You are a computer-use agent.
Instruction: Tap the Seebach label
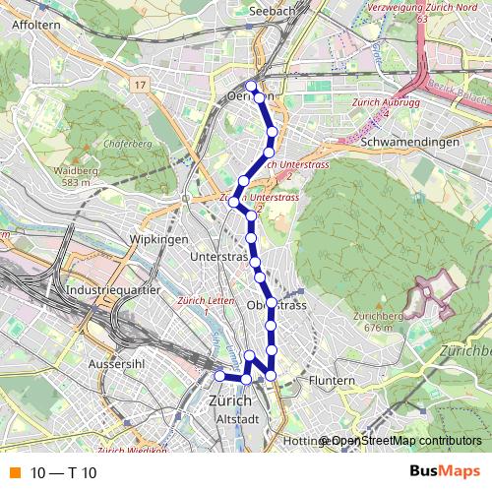(x=273, y=10)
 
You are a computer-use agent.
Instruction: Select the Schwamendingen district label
(x=410, y=142)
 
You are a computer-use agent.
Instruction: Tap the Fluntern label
(x=331, y=380)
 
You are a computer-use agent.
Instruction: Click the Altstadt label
(x=236, y=419)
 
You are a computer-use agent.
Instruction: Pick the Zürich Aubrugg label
(x=372, y=103)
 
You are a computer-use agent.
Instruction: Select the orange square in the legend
(x=14, y=473)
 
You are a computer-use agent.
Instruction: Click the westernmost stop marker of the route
(x=219, y=375)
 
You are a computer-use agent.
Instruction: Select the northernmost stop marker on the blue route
(x=252, y=86)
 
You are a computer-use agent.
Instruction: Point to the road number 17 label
(x=141, y=86)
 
